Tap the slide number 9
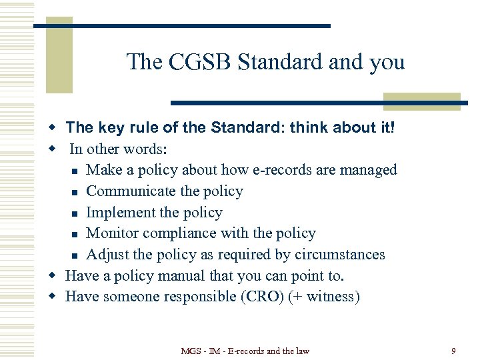coord(453,350)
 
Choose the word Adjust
coord(109,255)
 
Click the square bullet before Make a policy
coord(76,171)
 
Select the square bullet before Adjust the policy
coord(76,255)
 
